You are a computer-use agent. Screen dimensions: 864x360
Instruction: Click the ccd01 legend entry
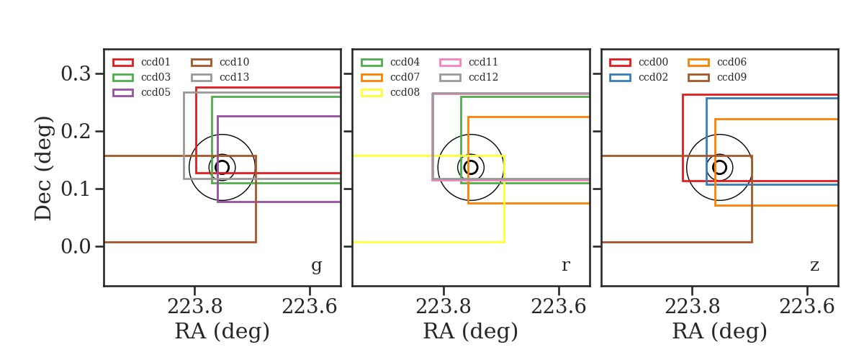(x=142, y=62)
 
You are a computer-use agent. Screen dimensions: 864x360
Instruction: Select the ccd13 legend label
(x=234, y=77)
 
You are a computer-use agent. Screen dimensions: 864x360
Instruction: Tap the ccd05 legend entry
(x=142, y=93)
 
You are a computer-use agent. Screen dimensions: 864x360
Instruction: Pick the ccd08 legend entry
(x=390, y=93)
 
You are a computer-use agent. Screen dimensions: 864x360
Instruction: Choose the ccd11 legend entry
(x=469, y=62)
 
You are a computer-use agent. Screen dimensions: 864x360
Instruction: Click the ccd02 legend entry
(x=639, y=77)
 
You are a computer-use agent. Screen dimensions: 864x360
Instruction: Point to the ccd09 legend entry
(x=717, y=77)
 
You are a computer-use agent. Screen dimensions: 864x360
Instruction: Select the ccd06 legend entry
(x=717, y=62)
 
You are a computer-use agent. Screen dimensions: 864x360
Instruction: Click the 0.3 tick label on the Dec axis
(x=76, y=73)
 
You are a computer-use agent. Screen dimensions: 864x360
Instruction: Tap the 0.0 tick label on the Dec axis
(x=76, y=246)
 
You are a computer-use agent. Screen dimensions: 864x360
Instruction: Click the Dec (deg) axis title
(x=42, y=168)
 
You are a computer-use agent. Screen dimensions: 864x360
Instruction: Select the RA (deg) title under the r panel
(x=471, y=331)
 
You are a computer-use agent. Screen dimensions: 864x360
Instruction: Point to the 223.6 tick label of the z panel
(x=807, y=307)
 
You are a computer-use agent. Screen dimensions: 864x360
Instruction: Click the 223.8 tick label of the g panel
(x=195, y=307)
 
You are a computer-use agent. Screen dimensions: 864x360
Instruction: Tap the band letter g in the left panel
(x=316, y=266)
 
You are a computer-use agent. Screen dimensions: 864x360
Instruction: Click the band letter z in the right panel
(x=814, y=266)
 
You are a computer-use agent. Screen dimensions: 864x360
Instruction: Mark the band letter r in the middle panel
(x=565, y=266)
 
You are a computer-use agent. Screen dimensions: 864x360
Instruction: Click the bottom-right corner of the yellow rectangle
(x=505, y=243)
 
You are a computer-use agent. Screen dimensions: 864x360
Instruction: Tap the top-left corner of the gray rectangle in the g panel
(x=184, y=93)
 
